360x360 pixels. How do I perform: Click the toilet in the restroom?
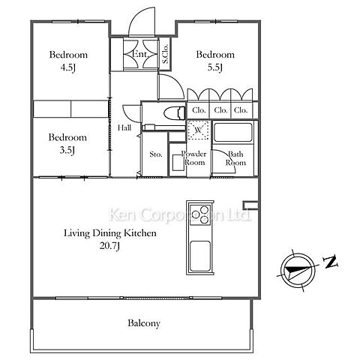(x=175, y=112)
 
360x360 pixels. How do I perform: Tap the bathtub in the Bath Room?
(x=232, y=132)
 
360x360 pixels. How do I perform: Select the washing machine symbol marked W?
(x=199, y=130)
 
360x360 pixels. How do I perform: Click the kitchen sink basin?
(x=200, y=256)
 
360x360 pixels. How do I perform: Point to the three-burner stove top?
(x=200, y=214)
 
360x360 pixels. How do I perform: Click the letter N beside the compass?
(x=331, y=262)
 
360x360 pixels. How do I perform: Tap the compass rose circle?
(x=298, y=271)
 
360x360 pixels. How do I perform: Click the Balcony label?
(x=144, y=323)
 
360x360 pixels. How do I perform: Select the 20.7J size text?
(x=110, y=246)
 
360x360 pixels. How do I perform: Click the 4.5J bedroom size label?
(x=68, y=67)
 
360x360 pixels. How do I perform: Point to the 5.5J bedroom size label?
(x=215, y=67)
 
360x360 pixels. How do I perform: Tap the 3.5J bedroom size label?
(x=67, y=150)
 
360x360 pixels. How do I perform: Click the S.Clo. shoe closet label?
(x=165, y=53)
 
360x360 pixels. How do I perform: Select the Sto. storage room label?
(x=156, y=154)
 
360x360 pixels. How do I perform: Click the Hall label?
(x=124, y=127)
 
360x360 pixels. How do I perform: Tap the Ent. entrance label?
(x=140, y=53)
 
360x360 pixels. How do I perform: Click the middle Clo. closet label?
(x=220, y=110)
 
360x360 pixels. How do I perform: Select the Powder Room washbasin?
(x=178, y=163)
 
